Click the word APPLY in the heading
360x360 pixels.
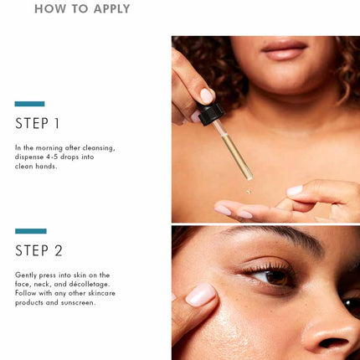112,8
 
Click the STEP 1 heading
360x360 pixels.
38,123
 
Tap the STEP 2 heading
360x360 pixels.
39,250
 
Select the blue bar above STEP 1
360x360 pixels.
29,104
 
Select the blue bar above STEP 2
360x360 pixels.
31,231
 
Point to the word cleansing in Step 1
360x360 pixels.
99,148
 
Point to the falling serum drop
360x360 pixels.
248,192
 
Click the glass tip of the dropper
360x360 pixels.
249,175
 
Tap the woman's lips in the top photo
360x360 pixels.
284,49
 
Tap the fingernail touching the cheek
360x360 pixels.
201,295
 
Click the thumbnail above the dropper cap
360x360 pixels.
208,95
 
